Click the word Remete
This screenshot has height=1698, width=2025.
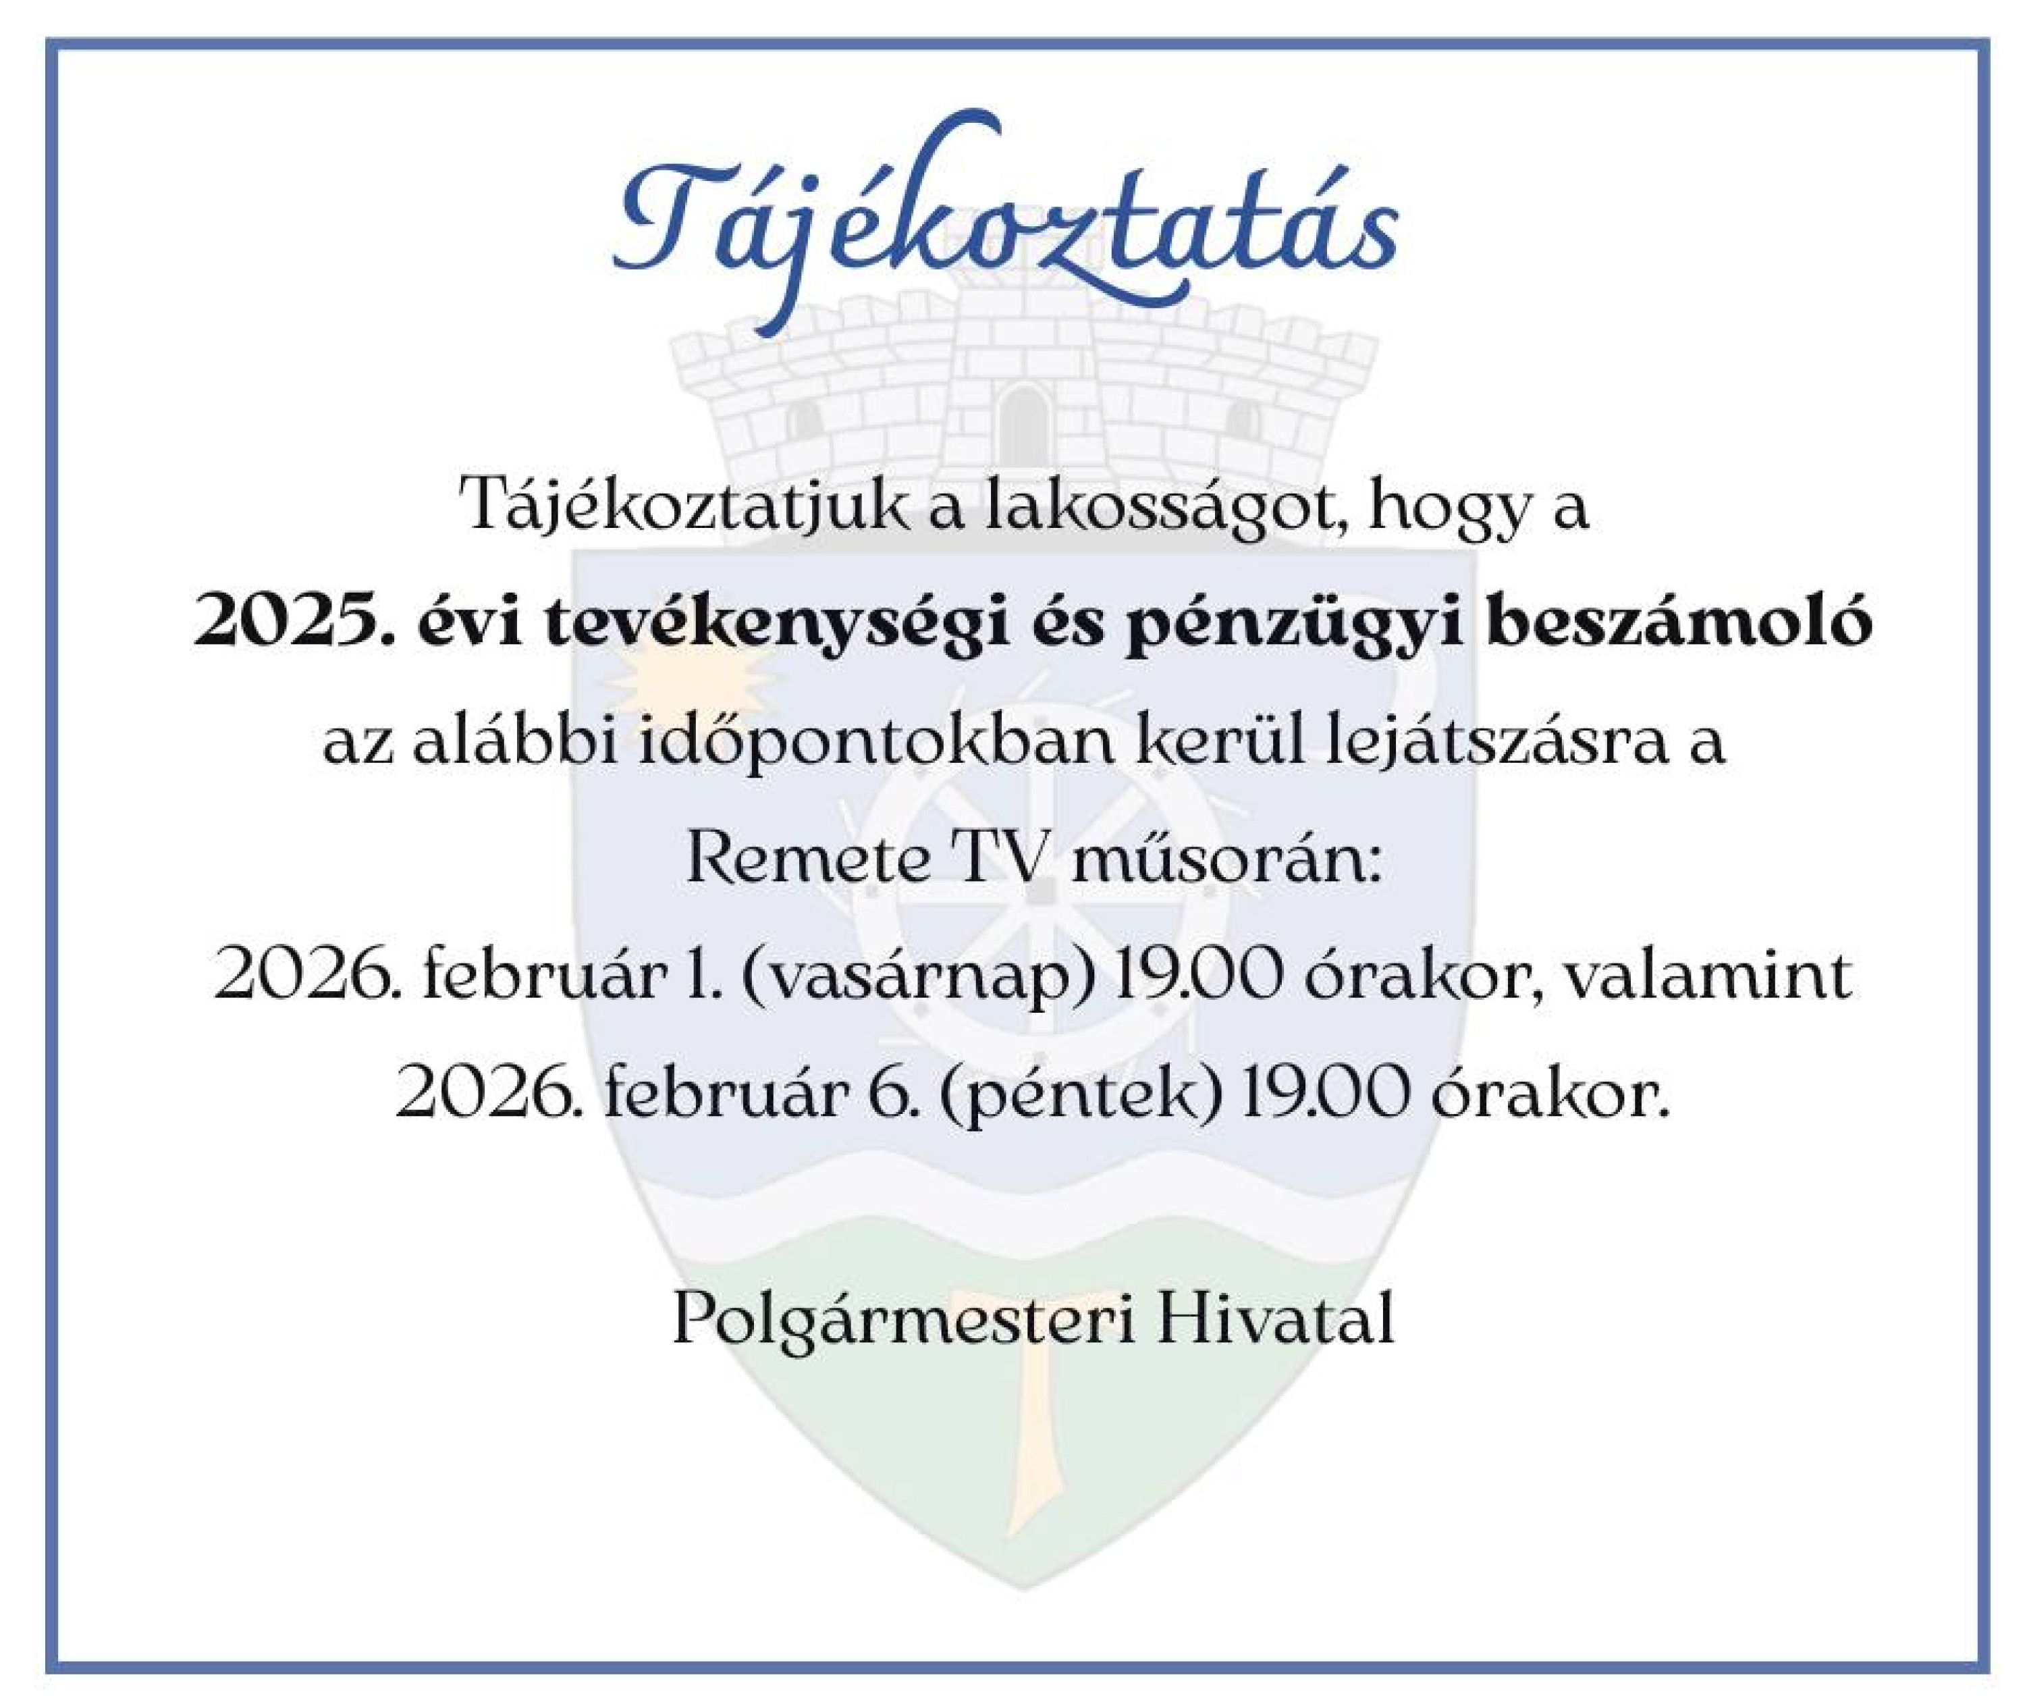(x=806, y=860)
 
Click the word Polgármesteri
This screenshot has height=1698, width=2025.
(x=902, y=1319)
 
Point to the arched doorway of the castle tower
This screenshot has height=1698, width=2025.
(x=1022, y=424)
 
